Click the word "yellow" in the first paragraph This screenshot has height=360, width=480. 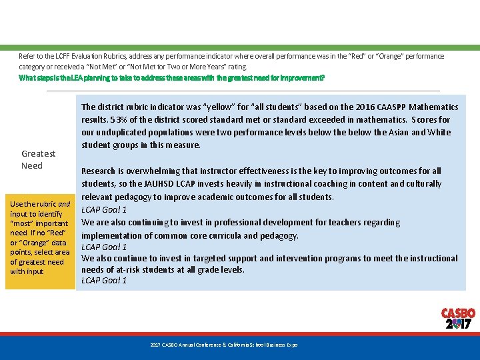tap(221, 107)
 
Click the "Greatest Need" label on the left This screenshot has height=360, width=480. tap(38, 159)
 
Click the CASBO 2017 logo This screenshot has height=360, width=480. tap(458, 318)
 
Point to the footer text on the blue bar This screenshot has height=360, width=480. tap(223, 345)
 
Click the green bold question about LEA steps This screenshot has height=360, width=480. tap(172, 78)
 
